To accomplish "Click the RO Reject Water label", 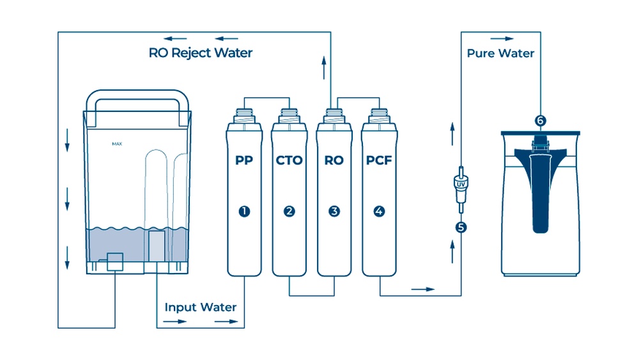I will point(200,53).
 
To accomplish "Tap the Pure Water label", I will point(500,53).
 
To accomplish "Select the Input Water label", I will point(200,307).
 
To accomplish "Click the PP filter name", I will point(244,160).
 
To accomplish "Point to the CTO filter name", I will point(289,160).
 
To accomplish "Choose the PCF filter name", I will point(379,160).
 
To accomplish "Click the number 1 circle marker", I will point(244,211).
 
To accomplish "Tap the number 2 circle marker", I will point(289,211).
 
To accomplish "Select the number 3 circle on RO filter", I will point(334,211).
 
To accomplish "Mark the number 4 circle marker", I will point(379,211).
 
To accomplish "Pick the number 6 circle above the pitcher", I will point(541,120).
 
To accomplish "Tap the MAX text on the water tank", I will point(117,144).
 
